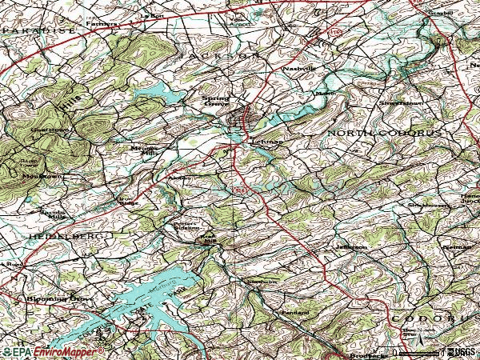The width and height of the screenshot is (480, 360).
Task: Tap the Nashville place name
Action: pos(298,69)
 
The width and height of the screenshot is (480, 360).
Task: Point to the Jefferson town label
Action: pos(350,247)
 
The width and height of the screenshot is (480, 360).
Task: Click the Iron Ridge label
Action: pos(127,202)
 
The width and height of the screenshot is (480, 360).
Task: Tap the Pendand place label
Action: pos(294,311)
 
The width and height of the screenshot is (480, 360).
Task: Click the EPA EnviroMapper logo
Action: pos(53,352)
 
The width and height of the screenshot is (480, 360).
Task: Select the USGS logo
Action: pos(461,351)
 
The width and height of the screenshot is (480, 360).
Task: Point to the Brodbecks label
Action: pos(362,354)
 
